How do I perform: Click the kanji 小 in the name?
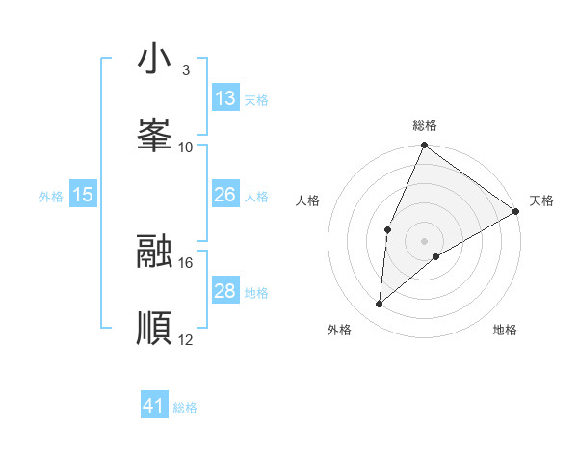pos(153,60)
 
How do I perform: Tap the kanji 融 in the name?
pos(153,252)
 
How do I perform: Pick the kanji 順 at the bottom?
pos(153,327)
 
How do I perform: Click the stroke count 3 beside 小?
pos(185,70)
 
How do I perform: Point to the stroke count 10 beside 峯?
pos(186,147)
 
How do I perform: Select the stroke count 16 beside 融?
pos(186,262)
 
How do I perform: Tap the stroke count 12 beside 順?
pos(186,339)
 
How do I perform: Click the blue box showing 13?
pos(225,97)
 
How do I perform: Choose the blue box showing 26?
pos(225,195)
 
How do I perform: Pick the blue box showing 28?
pos(225,291)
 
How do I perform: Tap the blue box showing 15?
pos(83,195)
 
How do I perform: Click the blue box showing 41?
pos(154,406)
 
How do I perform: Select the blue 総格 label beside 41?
pos(185,408)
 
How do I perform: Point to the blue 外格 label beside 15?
pos(51,197)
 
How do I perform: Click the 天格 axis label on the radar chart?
pos(541,200)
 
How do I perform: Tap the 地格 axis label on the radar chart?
pos(505,330)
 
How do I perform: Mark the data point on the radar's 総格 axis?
pos(424,147)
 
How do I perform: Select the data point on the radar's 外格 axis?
pos(380,305)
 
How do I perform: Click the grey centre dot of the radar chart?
pos(424,240)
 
